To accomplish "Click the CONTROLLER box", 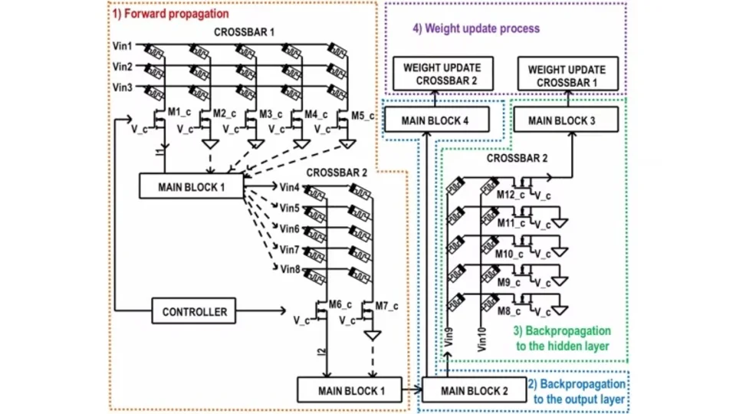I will point(195,312).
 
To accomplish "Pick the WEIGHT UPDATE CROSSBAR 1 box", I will point(567,75).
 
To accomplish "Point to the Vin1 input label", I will point(123,45).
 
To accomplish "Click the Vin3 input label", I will point(123,87).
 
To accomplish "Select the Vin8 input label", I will point(291,268).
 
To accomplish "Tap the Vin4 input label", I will point(291,187).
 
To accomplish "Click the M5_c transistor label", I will point(362,116).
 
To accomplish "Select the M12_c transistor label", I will point(508,195).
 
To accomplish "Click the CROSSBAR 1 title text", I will point(244,33).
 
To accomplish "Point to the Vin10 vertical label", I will point(481,337).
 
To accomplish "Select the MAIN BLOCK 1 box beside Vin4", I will point(191,185).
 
